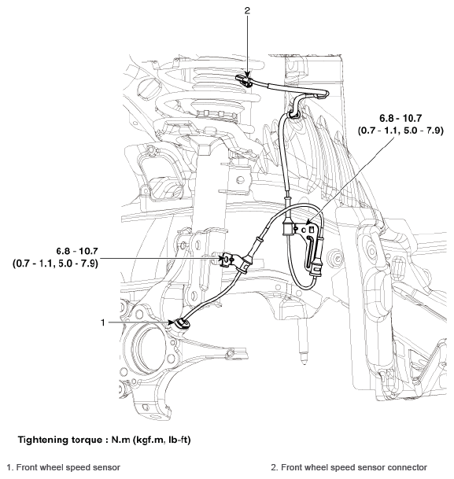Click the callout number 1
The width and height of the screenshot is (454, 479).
click(x=102, y=322)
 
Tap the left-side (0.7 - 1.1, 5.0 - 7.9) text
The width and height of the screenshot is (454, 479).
click(x=55, y=263)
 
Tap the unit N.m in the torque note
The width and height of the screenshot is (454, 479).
click(x=114, y=438)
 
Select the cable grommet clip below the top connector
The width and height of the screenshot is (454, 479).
click(x=293, y=116)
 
